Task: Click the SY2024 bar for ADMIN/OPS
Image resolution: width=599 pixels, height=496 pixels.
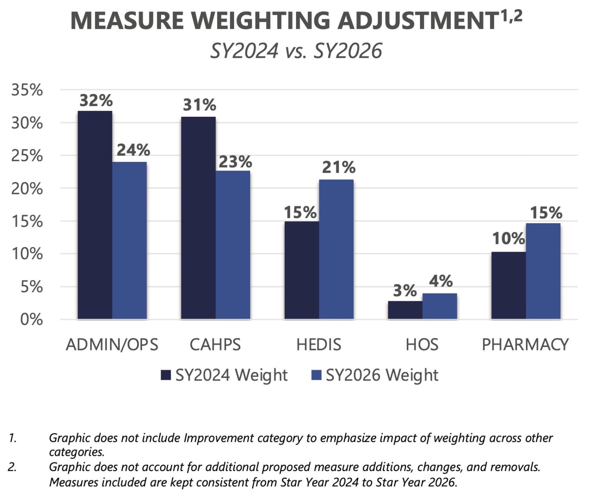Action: click(95, 215)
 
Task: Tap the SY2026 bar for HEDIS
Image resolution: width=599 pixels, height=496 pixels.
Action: click(336, 249)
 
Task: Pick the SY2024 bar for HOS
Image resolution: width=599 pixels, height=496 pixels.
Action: click(405, 310)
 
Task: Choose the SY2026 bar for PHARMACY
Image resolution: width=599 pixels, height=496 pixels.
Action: click(543, 271)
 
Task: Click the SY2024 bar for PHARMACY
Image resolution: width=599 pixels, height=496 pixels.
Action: click(508, 285)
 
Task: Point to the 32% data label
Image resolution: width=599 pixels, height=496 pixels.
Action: click(96, 101)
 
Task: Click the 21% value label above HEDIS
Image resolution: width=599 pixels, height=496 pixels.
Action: click(338, 167)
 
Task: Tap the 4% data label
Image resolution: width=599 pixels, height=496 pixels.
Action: click(441, 281)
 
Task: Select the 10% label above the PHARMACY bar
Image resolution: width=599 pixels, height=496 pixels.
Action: click(509, 238)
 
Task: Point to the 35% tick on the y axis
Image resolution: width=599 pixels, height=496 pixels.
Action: click(27, 90)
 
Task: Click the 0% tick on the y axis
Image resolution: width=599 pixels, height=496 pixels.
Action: click(31, 320)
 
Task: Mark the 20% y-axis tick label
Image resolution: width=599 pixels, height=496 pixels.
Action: click(27, 189)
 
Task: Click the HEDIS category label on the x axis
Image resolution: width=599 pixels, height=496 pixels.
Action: click(319, 345)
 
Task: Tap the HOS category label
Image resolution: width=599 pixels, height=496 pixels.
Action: click(422, 345)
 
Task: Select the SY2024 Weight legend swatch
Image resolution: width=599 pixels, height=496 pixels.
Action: click(166, 375)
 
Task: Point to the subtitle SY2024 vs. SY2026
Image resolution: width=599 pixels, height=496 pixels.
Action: click(296, 51)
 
